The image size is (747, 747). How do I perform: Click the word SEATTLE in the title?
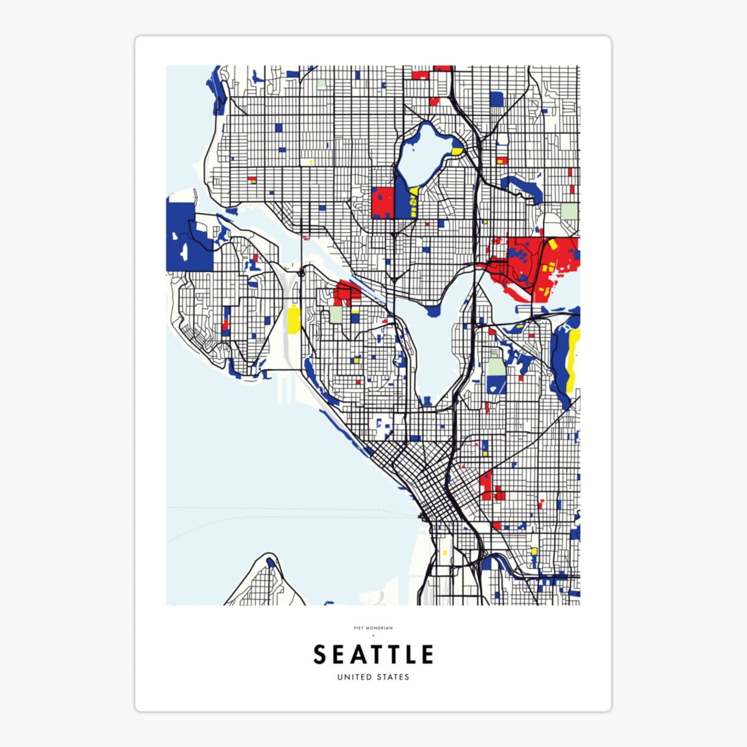(373, 655)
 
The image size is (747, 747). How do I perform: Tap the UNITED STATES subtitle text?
(373, 677)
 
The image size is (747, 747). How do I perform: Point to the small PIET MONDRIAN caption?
(373, 628)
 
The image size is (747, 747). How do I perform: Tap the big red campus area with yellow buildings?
(548, 265)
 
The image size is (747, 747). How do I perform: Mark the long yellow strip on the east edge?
(574, 358)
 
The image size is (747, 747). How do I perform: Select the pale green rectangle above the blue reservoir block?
(496, 366)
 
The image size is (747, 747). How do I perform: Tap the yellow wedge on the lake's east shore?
(457, 151)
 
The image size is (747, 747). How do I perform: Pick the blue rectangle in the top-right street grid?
(496, 99)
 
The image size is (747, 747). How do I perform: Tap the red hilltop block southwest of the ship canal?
(346, 293)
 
